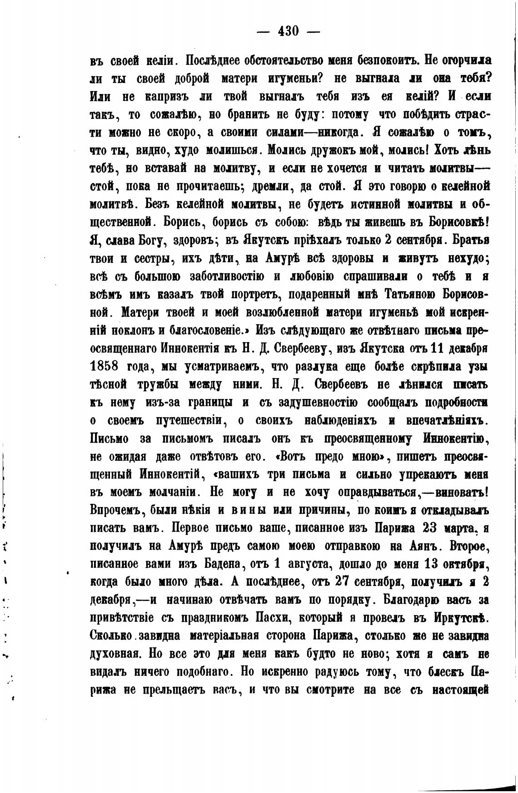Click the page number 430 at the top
point(288,31)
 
